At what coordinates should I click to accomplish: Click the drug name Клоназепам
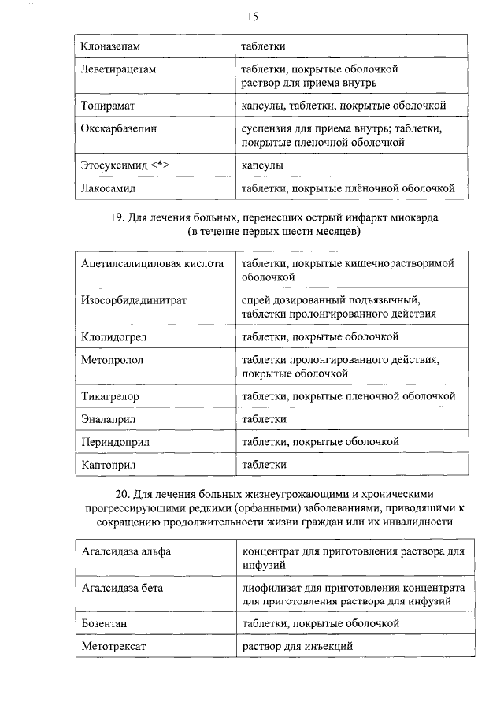pos(109,47)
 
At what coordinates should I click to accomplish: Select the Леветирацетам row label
pos(118,69)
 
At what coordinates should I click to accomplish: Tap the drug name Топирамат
pos(107,105)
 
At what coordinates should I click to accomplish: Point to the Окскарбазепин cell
pos(115,128)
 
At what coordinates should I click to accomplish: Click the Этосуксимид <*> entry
pos(125,165)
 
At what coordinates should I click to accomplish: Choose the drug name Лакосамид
pos(108,188)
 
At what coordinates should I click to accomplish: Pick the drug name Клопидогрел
pos(113,337)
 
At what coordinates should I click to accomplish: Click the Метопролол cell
pos(112,360)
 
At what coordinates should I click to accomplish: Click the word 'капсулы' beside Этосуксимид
pos(262,165)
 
